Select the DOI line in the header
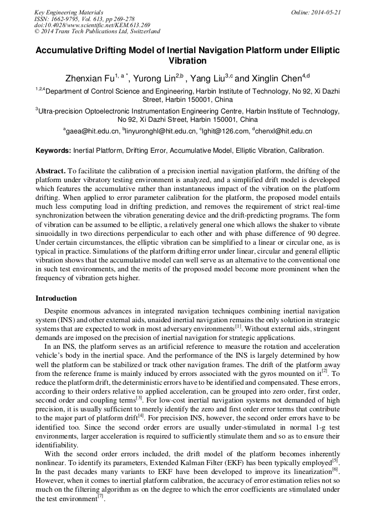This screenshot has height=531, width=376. pyautogui.click(x=92, y=25)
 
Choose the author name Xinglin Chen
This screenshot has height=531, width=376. pyautogui.click(x=275, y=78)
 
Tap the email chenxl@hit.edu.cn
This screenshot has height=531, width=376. pyautogui.click(x=284, y=131)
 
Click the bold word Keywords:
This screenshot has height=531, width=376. pyautogui.click(x=53, y=151)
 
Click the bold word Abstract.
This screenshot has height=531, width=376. pyautogui.click(x=51, y=171)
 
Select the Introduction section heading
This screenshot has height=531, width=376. pyautogui.click(x=56, y=298)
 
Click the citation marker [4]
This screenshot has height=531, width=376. pyautogui.click(x=141, y=399)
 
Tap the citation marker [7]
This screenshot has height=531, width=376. pyautogui.click(x=100, y=496)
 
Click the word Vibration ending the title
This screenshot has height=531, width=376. pyautogui.click(x=187, y=61)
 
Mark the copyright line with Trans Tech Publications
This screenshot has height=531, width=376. pyautogui.click(x=98, y=32)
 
